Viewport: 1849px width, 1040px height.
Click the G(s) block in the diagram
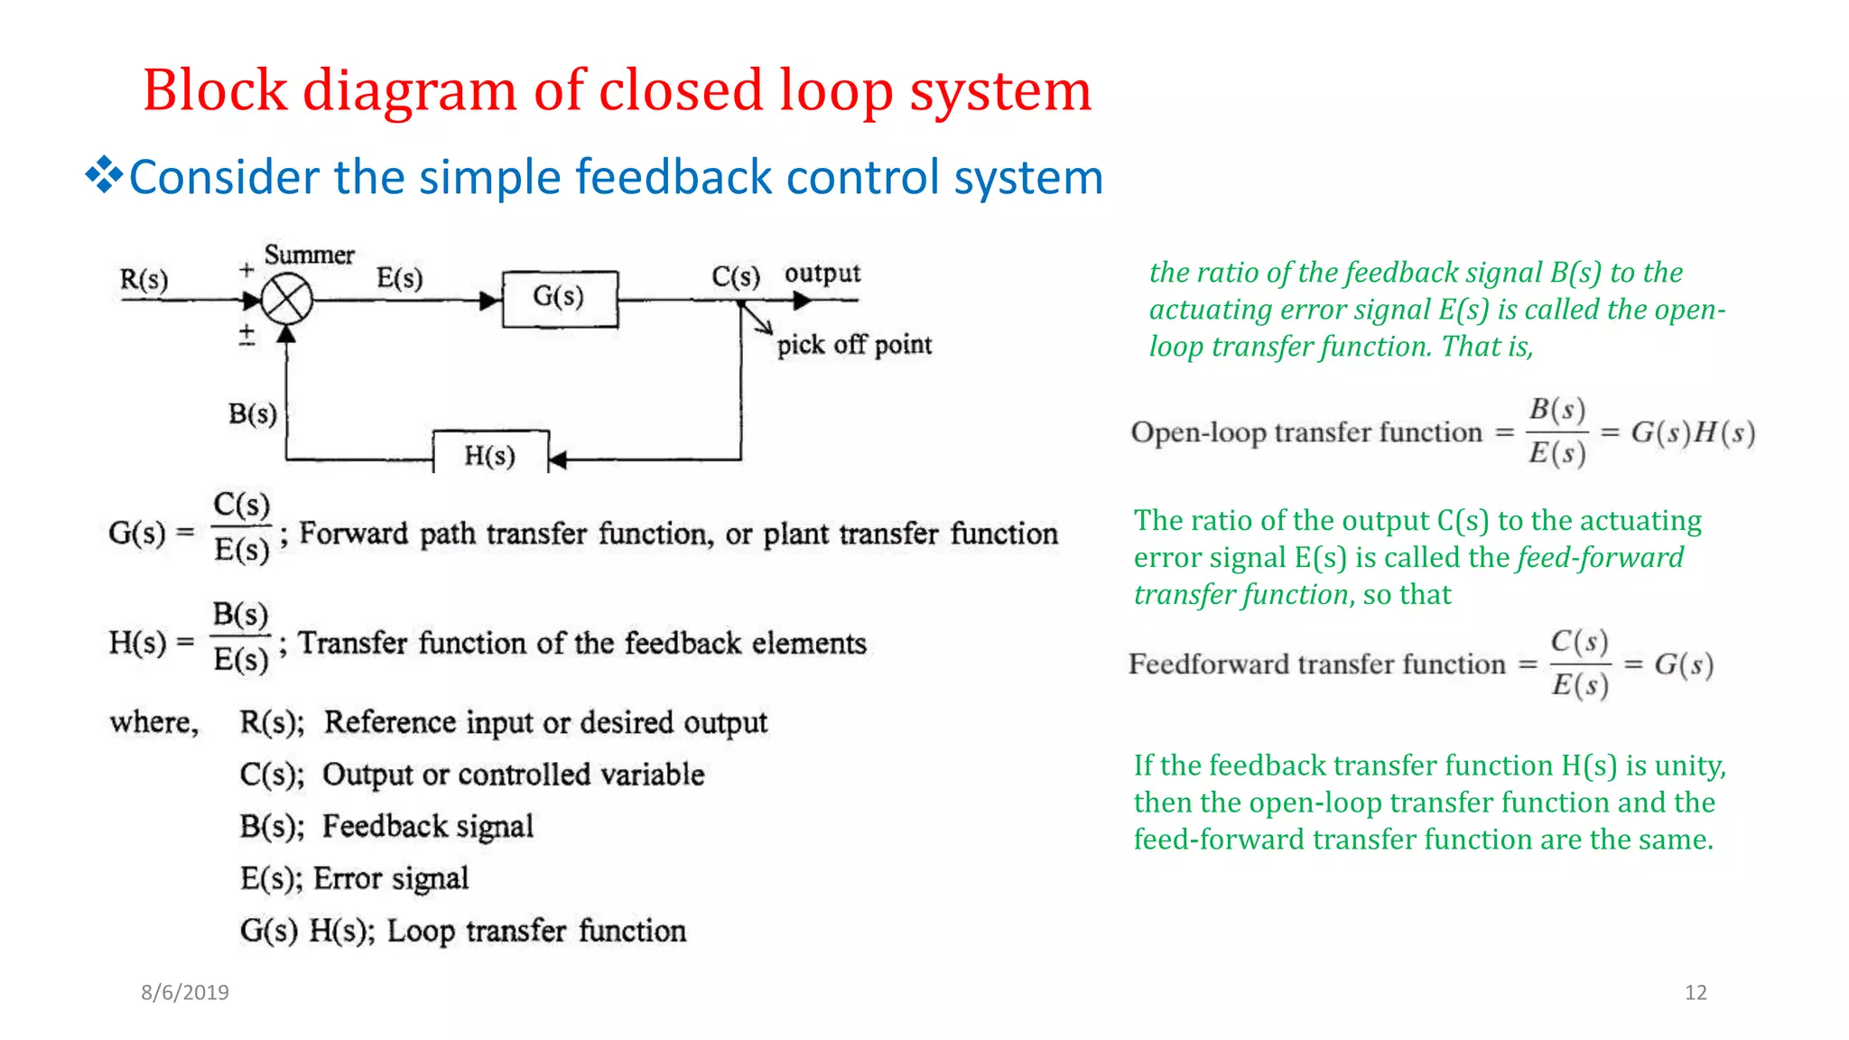(x=560, y=298)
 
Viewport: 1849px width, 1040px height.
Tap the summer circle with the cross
(x=287, y=300)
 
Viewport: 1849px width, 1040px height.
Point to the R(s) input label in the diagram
(x=144, y=280)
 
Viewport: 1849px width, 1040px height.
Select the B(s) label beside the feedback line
(x=253, y=414)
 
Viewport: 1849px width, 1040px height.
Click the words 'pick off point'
(x=854, y=345)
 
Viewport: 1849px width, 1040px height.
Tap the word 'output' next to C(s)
(x=822, y=274)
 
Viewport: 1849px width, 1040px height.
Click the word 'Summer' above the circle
(x=309, y=255)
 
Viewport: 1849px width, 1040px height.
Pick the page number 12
(x=1696, y=992)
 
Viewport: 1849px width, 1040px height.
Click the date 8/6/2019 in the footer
(x=185, y=992)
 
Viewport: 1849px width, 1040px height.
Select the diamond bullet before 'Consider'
(x=104, y=175)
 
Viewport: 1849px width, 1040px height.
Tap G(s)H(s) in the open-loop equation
(x=1693, y=432)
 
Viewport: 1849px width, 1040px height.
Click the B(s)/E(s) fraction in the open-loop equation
(x=1557, y=432)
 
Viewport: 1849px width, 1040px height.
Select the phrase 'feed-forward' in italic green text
(x=1600, y=558)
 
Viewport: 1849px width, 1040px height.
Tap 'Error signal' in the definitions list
(x=391, y=878)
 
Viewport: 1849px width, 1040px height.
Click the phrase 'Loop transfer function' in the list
(x=536, y=931)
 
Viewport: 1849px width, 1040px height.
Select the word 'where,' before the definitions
(x=154, y=722)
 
